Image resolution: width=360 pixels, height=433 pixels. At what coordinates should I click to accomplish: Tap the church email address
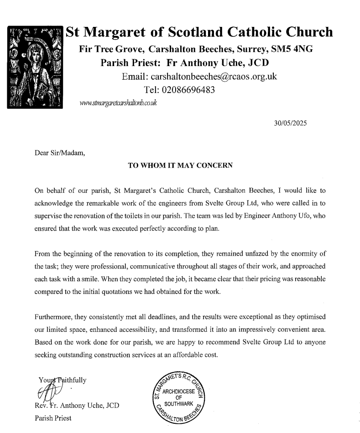(x=200, y=77)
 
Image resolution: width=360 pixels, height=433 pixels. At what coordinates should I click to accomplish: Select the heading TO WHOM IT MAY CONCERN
(x=181, y=166)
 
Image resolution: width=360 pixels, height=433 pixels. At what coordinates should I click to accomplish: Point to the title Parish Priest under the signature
(x=53, y=418)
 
